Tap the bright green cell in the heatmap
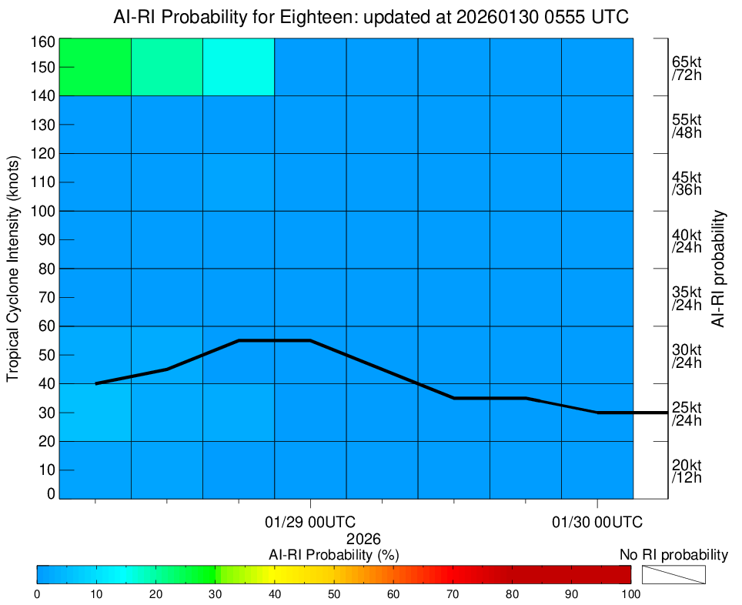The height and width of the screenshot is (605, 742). coord(95,66)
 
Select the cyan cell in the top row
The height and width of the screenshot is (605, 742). coord(239,66)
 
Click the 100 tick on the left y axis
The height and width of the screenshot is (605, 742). coord(43,211)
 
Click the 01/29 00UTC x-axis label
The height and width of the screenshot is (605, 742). coord(310,523)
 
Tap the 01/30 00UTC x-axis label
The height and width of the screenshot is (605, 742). coord(597,523)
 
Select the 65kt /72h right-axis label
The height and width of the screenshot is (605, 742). coord(686,69)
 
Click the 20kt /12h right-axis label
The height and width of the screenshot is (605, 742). coord(686,471)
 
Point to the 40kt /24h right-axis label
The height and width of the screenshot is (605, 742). coord(686,241)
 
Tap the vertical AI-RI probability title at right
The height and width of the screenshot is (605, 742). coord(719,268)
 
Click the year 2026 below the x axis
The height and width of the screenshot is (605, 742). coord(364,539)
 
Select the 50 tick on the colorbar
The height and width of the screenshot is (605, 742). coord(334,594)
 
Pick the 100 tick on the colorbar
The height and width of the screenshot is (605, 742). coord(630,594)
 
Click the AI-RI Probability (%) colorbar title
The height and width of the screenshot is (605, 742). coord(333,555)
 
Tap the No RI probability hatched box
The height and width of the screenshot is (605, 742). coord(673,575)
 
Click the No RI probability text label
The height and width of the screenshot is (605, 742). coord(673,555)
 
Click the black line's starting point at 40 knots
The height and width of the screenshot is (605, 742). coord(95,383)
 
